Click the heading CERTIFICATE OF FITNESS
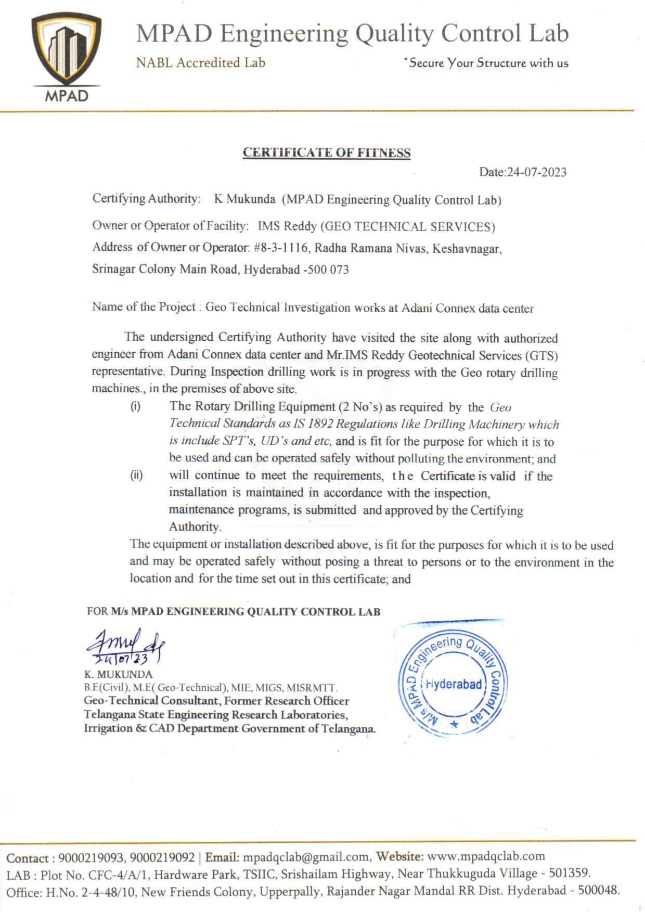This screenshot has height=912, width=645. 327,152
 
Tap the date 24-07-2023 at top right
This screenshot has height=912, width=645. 537,172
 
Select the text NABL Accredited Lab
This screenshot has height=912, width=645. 200,63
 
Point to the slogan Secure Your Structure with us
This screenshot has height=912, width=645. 488,63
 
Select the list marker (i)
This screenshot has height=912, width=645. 135,406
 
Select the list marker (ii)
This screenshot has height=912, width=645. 136,475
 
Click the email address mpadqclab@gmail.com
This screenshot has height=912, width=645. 306,857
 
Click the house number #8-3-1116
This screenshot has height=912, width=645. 281,248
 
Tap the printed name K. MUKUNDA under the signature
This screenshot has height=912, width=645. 119,675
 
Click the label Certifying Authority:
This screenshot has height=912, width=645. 146,199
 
